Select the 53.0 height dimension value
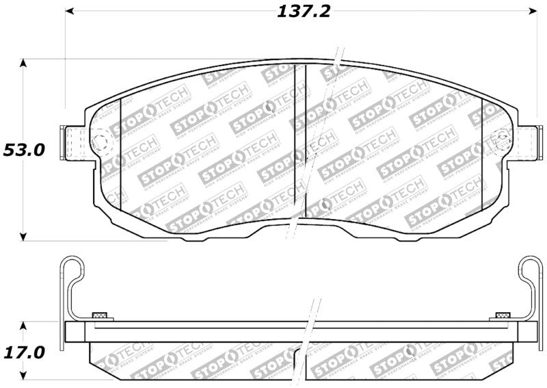pyautogui.click(x=24, y=150)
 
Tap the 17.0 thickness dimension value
pyautogui.click(x=24, y=352)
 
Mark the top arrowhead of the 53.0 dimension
pyautogui.click(x=24, y=64)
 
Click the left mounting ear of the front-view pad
pyautogui.click(x=72, y=143)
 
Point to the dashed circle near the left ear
pyautogui.click(x=101, y=142)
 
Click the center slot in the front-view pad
pyautogui.click(x=300, y=137)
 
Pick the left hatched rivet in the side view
pyautogui.click(x=101, y=315)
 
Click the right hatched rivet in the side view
pyautogui.click(x=503, y=315)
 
